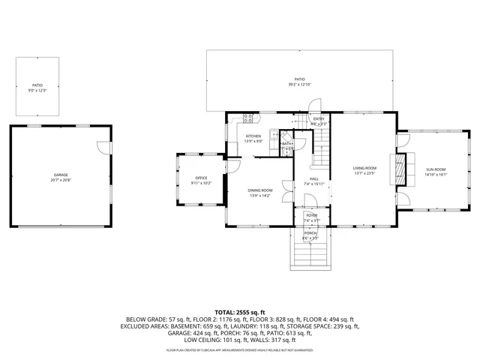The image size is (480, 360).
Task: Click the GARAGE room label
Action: pos(60,174)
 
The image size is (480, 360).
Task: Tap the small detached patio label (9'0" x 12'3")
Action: pos(37,85)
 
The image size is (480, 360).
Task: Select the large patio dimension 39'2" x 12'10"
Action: pos(299,85)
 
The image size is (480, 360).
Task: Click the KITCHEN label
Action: pos(253,136)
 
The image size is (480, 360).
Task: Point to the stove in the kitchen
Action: pos(248,118)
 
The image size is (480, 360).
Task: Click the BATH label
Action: pos(286,143)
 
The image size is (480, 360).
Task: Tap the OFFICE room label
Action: pos(201,178)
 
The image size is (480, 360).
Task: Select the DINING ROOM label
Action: pos(260,190)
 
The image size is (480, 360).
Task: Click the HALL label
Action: pos(314,178)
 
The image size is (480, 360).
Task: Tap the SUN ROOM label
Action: pos(436,170)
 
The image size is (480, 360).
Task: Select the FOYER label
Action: pos(311,215)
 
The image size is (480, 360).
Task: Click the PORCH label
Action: pos(310,232)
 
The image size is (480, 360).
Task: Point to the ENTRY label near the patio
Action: pos(319,118)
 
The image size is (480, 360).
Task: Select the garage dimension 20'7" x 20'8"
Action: pos(60,180)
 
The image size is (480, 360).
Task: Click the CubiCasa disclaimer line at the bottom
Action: pos(239,350)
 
